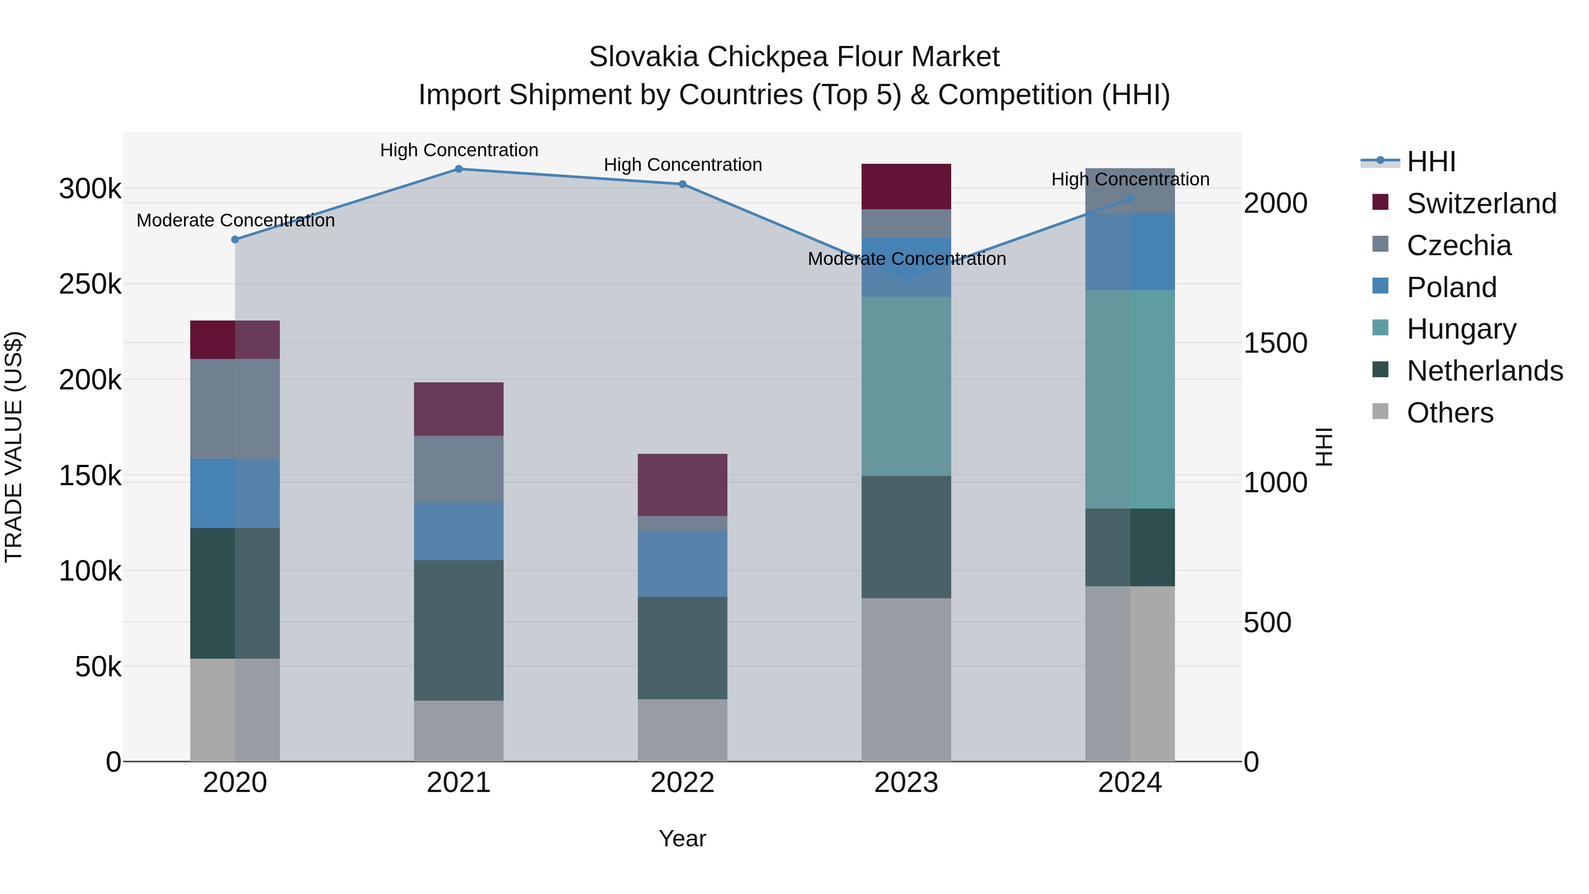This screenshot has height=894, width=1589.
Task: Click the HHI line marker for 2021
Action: [x=458, y=169]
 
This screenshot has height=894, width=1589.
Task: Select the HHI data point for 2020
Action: [x=235, y=239]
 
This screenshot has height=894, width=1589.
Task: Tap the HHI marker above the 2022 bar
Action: [x=682, y=184]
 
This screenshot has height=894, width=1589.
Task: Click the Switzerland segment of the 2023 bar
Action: [x=906, y=186]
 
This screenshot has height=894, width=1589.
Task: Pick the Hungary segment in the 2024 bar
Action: [x=1130, y=399]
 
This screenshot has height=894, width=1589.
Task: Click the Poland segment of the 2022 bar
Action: [x=682, y=563]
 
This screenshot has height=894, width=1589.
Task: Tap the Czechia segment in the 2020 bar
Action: [x=235, y=408]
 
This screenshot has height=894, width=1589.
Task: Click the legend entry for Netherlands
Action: [x=1485, y=371]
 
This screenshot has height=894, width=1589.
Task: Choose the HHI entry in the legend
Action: [x=1431, y=162]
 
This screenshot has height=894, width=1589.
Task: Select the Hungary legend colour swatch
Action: [x=1380, y=328]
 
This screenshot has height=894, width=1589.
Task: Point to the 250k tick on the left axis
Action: [x=90, y=284]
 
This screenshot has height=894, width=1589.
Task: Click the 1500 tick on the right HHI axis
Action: [x=1275, y=343]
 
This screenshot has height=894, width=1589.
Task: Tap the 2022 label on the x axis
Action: [x=682, y=783]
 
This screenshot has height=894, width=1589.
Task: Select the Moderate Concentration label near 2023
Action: [x=906, y=259]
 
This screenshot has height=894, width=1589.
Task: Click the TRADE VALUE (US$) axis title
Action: [x=14, y=447]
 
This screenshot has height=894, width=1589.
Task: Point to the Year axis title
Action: [x=682, y=838]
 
